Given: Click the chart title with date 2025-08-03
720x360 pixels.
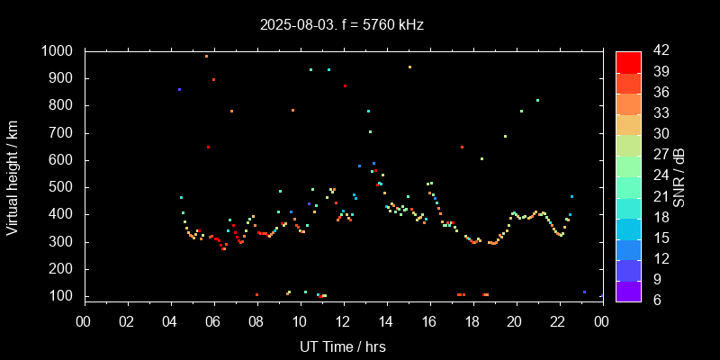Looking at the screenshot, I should point(342,24).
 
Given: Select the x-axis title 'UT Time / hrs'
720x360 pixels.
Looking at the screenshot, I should point(343,346).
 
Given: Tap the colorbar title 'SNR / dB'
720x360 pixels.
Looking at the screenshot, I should point(679,176).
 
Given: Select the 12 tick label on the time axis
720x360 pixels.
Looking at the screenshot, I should point(343,321).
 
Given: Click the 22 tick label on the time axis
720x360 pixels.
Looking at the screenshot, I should point(559,321).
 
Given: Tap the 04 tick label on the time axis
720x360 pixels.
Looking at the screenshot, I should point(170,321).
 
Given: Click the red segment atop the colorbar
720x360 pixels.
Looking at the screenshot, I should point(628,61).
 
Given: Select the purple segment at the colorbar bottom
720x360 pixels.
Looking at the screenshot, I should point(628,290).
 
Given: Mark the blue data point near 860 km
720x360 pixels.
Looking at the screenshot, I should point(179,90).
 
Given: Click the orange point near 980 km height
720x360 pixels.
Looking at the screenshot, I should point(206,56).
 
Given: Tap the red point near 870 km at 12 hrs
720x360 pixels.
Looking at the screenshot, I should point(345,86).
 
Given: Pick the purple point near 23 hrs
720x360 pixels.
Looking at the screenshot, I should point(584,292).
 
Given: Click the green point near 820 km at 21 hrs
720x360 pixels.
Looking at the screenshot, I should point(537,101).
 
